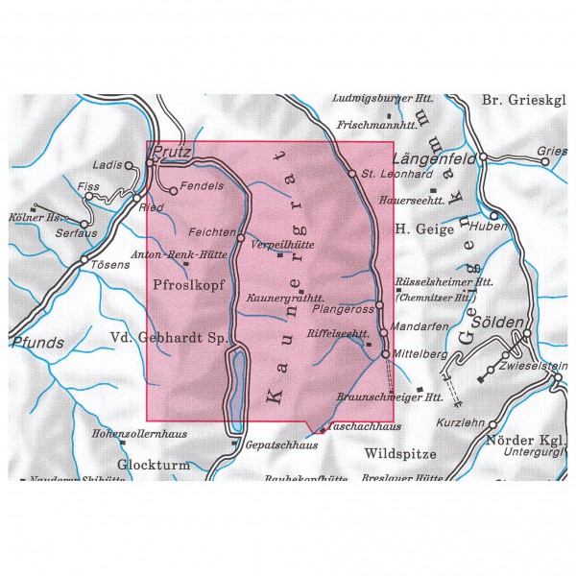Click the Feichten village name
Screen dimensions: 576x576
pyautogui.click(x=212, y=232)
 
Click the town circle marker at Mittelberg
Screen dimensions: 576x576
pyautogui.click(x=386, y=354)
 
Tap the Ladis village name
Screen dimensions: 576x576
pyautogui.click(x=112, y=165)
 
